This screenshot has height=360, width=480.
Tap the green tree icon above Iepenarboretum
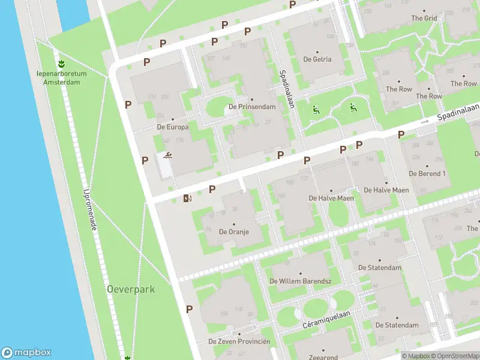pyautogui.click(x=61, y=63)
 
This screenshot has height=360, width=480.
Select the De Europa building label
pyautogui.click(x=173, y=127)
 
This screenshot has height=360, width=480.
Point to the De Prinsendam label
pyautogui.click(x=252, y=107)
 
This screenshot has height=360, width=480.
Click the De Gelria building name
pyautogui.click(x=317, y=59)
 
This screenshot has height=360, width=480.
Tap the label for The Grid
pyautogui.click(x=424, y=18)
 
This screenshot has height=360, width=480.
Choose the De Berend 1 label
pyautogui.click(x=427, y=173)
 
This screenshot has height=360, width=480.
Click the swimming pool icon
pyautogui.click(x=167, y=157)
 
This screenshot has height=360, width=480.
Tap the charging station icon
pyautogui.click(x=188, y=198)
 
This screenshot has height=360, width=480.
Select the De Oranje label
pyautogui.click(x=234, y=231)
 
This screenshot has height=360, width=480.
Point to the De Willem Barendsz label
pyautogui.click(x=301, y=281)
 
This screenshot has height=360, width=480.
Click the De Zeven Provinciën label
pyautogui.click(x=239, y=341)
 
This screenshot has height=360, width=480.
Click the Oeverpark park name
pyautogui.click(x=131, y=289)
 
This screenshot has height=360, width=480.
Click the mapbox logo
pyautogui.click(x=26, y=353)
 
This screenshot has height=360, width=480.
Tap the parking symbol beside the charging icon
pyautogui.click(x=212, y=190)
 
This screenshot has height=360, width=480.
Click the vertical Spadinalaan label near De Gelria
pyautogui.click(x=286, y=89)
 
